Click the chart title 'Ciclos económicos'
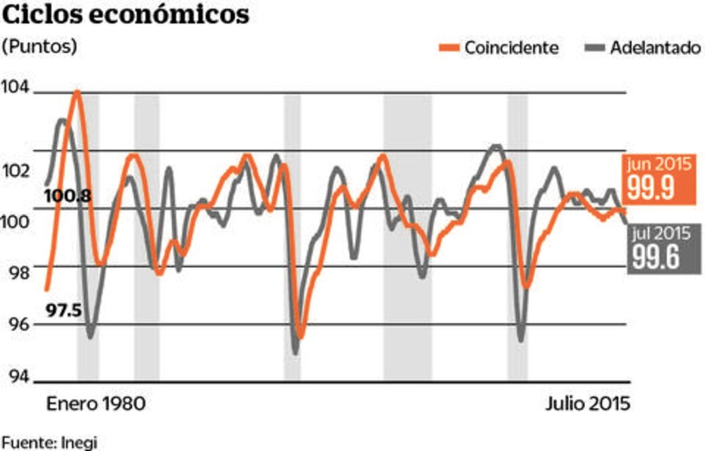click(126, 16)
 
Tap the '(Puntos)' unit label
click(39, 47)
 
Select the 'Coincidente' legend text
click(511, 48)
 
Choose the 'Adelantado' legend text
click(654, 48)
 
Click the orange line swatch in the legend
click(449, 48)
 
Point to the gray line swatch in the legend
click(593, 48)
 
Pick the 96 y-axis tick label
click(16, 324)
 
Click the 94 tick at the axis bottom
click(16, 376)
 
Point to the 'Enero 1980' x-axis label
click(95, 404)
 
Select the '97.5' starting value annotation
click(64, 311)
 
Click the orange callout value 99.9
click(650, 188)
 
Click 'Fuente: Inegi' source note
click(49, 443)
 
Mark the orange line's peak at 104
click(77, 92)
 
